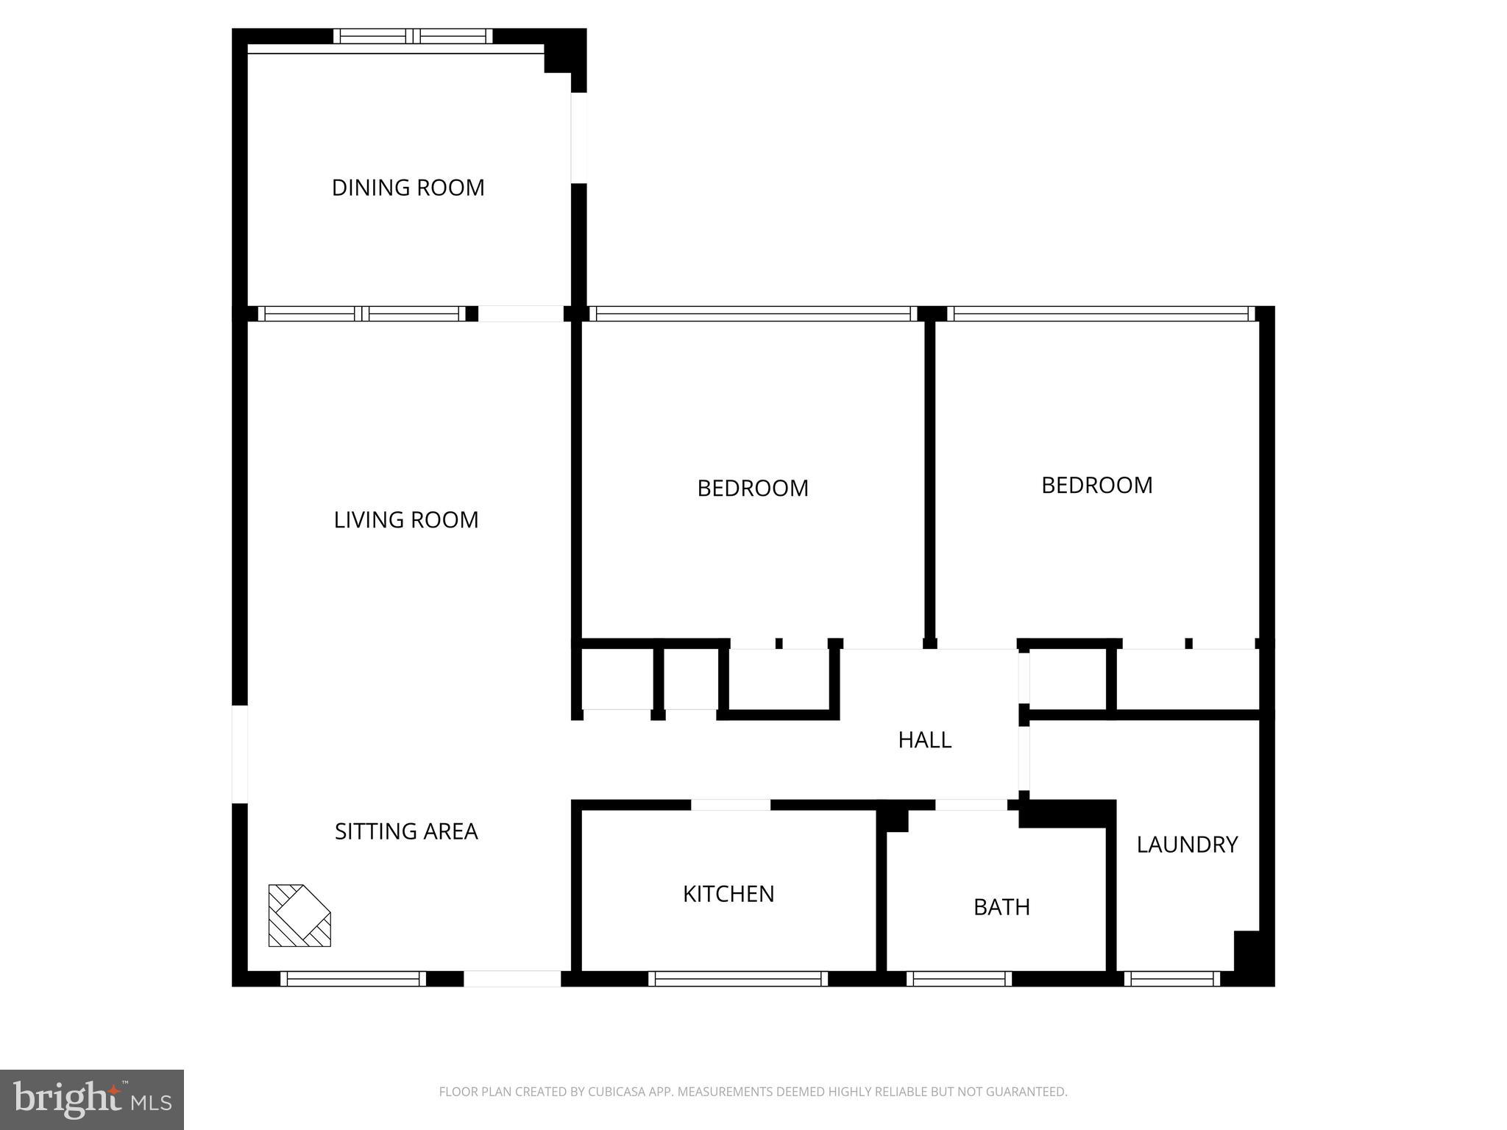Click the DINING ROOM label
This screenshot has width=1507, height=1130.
tap(408, 188)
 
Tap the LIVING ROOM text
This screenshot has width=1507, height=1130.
tap(406, 520)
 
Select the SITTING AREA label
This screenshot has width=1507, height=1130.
tap(406, 831)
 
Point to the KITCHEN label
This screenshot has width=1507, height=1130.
tap(728, 894)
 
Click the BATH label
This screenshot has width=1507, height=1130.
tap(1001, 907)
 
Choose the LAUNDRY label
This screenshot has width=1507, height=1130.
tap(1187, 845)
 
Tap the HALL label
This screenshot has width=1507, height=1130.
tap(925, 739)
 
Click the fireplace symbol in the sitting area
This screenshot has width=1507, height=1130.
tap(299, 915)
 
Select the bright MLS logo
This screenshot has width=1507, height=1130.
tap(92, 1100)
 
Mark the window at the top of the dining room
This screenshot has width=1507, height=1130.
tap(413, 36)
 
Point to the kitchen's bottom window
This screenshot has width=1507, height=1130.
tap(737, 978)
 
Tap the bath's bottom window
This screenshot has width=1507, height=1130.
tap(959, 978)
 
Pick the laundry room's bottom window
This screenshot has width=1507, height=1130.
tap(1172, 978)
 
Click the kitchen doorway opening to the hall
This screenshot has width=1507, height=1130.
tap(731, 805)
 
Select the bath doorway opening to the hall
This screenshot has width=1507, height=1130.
tap(971, 805)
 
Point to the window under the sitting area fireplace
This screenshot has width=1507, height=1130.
tap(353, 978)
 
